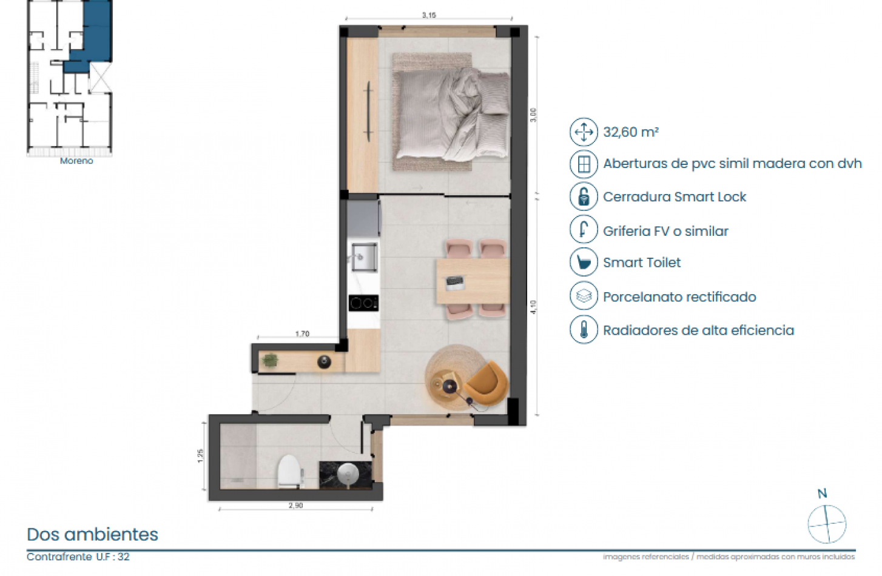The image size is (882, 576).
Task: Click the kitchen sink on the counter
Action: [x=364, y=256]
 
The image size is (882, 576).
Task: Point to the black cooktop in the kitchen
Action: [x=363, y=303]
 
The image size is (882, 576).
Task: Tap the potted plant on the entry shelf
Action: [x=270, y=360]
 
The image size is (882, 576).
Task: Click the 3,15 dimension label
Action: [x=429, y=15]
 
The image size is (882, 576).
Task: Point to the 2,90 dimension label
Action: [x=295, y=505]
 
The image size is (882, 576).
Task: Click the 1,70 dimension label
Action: [x=302, y=333]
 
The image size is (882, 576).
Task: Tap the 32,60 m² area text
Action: [x=631, y=132]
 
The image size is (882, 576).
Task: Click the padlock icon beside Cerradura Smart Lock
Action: [x=584, y=196]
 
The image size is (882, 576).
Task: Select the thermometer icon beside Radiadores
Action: [x=584, y=330]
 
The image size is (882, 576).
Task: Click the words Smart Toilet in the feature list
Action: [x=642, y=263]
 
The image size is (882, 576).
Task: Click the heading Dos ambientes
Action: [x=92, y=534]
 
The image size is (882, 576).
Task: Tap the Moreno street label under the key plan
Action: [x=76, y=161]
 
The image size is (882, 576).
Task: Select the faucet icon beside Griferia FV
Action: [x=584, y=230]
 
